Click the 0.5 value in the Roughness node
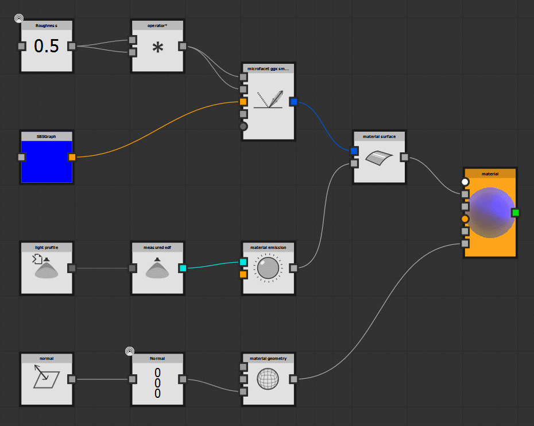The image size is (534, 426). coord(47,47)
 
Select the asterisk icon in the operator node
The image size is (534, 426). coord(157,48)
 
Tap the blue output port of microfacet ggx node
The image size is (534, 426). coord(293,102)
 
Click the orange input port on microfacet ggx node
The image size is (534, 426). coord(243,102)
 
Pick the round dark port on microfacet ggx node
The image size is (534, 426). coord(243,126)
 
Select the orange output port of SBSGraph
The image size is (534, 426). coord(72,157)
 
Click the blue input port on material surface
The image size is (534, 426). coord(354,151)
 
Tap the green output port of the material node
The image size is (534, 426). coord(515,213)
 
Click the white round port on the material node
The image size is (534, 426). coord(465,182)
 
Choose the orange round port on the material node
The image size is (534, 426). coord(465,219)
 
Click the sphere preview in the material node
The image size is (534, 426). coord(491,213)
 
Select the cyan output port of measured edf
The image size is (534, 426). coord(183,268)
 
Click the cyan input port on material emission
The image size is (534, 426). coord(243,262)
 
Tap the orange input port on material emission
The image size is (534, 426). coord(243,274)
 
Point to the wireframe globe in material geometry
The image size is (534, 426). coord(268,379)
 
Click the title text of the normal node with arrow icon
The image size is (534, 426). coord(47,358)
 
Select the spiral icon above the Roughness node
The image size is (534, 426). coord(19,18)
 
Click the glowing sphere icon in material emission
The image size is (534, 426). coord(268,268)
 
